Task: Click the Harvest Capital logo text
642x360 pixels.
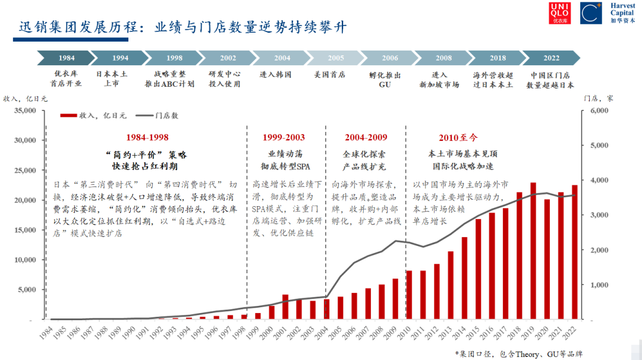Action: (x=622, y=13)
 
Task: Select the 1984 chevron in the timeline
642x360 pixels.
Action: (x=66, y=58)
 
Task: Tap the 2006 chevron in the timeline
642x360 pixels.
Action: (x=389, y=58)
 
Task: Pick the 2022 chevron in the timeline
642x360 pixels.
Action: (x=550, y=58)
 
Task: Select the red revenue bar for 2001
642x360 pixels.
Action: (x=285, y=307)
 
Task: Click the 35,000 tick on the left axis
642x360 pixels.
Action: (x=25, y=110)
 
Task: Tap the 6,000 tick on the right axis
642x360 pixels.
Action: (x=599, y=110)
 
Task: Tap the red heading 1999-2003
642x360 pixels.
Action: (x=284, y=137)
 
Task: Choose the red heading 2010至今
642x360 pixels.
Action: (x=458, y=137)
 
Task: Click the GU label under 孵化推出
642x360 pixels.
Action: (x=385, y=84)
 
